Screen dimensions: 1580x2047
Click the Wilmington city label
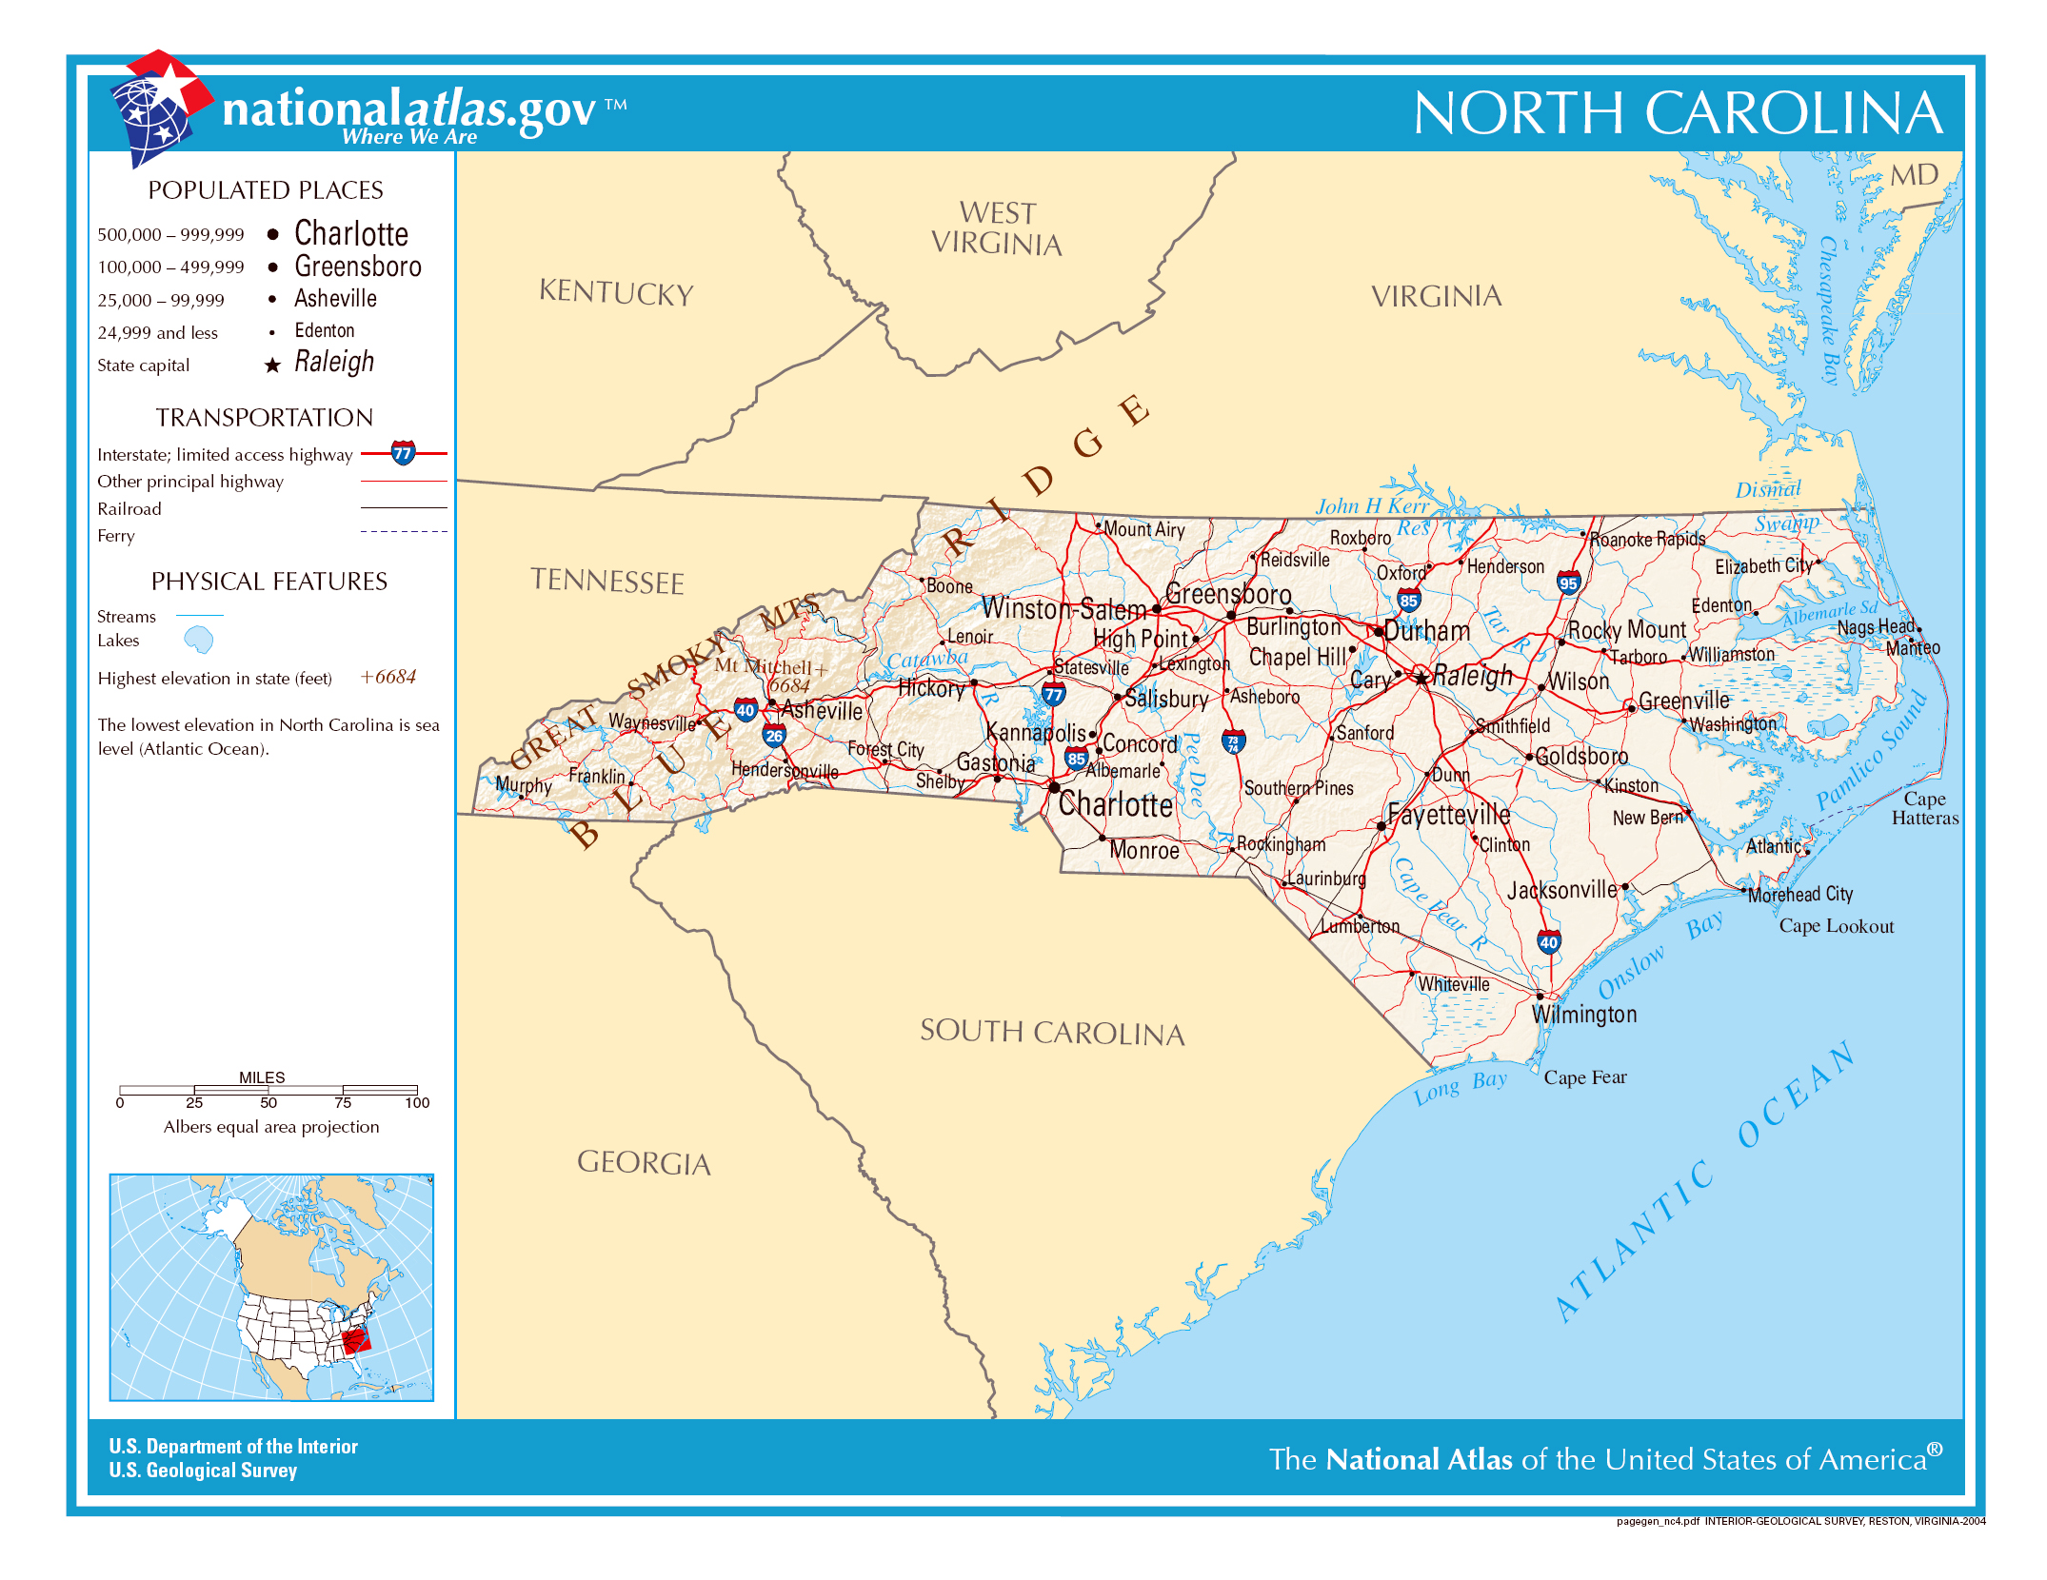(x=1584, y=1015)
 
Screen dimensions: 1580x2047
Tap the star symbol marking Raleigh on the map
(x=1421, y=679)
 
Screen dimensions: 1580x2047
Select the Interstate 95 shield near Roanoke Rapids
(x=1568, y=583)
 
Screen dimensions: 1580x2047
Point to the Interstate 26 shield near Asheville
(x=774, y=735)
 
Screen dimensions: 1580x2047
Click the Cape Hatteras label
(x=1924, y=808)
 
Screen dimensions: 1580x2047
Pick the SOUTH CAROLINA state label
(x=1052, y=1032)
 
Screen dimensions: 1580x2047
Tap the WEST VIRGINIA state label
(x=997, y=228)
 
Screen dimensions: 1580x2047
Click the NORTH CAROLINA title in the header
(x=1678, y=113)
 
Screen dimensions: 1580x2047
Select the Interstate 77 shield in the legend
(x=404, y=453)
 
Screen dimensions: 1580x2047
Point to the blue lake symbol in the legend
(x=198, y=640)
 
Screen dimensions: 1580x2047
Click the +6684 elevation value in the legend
(x=388, y=677)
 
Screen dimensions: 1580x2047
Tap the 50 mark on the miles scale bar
(x=268, y=1102)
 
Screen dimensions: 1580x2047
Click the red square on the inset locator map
(x=356, y=1340)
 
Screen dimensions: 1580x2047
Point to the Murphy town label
(x=523, y=785)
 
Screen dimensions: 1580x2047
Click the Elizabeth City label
(x=1763, y=566)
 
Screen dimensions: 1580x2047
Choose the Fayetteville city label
(x=1448, y=815)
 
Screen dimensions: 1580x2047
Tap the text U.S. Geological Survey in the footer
(x=203, y=1471)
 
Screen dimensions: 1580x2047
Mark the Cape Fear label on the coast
(x=1585, y=1077)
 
